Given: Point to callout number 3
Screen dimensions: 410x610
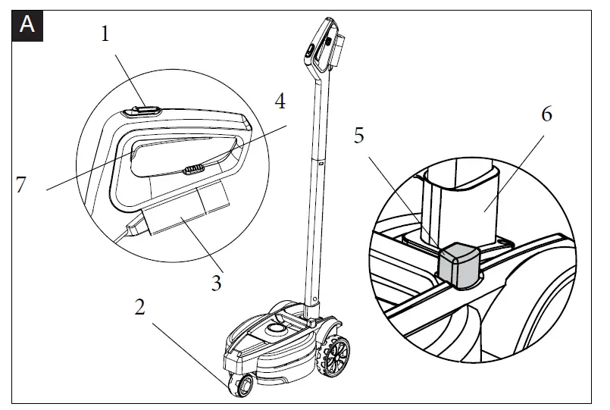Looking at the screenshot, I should pos(217,283).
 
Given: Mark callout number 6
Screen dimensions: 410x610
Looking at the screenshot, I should pos(547,116).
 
